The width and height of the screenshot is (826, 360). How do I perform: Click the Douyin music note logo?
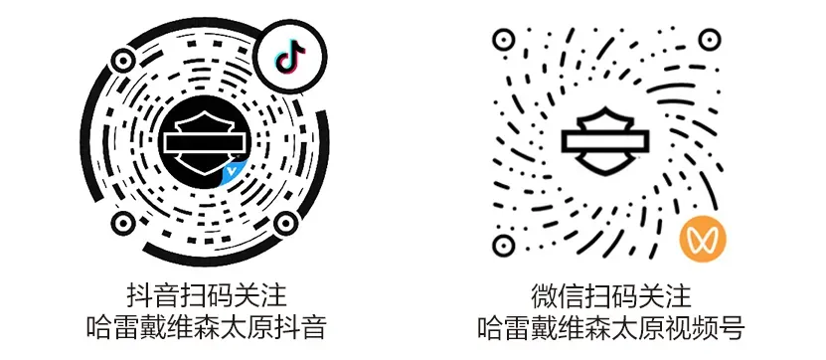tap(290, 57)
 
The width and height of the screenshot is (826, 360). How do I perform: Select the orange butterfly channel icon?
tap(703, 240)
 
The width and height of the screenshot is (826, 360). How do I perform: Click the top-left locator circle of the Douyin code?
tap(122, 61)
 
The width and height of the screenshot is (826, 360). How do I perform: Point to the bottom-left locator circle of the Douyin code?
tap(123, 224)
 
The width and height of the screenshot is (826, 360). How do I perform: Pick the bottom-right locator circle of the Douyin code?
tap(286, 224)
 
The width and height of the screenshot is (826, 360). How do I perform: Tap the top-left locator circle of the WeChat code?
tap(503, 39)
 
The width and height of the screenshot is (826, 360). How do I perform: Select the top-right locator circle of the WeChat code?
tap(710, 39)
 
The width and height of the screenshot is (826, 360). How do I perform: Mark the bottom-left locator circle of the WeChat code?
tap(503, 245)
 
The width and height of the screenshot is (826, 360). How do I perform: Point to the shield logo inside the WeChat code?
tap(605, 140)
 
